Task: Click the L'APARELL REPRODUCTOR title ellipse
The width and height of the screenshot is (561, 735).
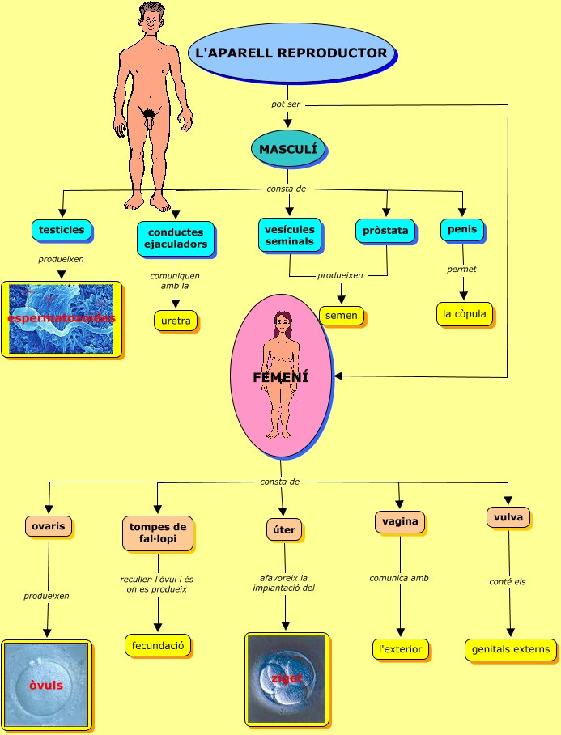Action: (x=291, y=53)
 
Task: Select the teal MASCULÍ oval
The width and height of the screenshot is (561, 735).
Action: (x=288, y=149)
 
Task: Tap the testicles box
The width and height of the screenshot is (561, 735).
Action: (x=62, y=230)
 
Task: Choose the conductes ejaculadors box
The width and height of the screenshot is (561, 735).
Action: (x=176, y=238)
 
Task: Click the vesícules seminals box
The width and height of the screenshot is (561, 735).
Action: (x=289, y=235)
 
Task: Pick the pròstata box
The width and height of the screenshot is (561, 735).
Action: (x=385, y=231)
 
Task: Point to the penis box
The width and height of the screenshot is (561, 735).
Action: (x=462, y=230)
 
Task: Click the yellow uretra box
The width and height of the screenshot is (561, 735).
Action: (x=176, y=321)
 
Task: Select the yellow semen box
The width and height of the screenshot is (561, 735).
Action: (x=341, y=315)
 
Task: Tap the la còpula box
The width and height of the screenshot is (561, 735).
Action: (x=464, y=313)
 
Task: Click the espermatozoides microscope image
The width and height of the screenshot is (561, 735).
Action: (x=62, y=319)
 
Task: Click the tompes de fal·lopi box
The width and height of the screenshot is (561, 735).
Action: (x=158, y=533)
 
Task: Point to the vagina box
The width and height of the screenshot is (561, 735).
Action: (x=400, y=521)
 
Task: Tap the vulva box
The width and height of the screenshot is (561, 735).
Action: (x=508, y=517)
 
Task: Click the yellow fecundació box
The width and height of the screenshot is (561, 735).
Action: (x=158, y=645)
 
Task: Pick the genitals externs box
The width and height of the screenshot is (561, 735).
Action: (x=510, y=648)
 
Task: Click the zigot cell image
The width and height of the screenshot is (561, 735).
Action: (x=287, y=678)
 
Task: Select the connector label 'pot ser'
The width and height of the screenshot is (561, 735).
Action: (x=286, y=104)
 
